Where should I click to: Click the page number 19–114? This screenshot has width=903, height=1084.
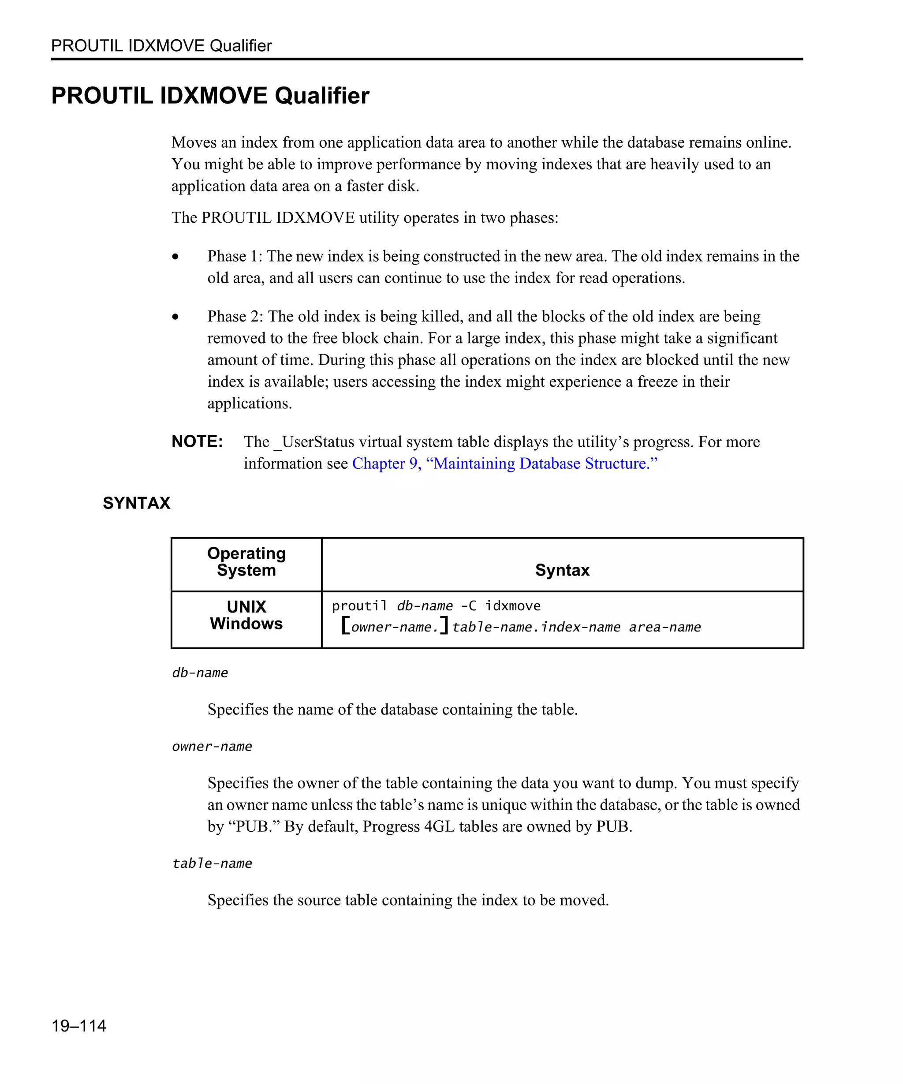[x=78, y=1026]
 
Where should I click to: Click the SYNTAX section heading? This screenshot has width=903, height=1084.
[x=136, y=503]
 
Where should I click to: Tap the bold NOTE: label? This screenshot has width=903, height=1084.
[x=197, y=441]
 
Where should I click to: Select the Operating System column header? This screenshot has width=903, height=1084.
[x=246, y=561]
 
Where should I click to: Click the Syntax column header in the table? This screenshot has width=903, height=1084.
[x=562, y=570]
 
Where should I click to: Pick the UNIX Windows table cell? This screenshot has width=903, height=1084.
[x=246, y=615]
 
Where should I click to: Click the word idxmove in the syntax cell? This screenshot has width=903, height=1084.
[x=512, y=606]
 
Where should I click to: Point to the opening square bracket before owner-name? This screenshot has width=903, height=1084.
[x=346, y=626]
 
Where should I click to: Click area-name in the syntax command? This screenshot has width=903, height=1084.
[x=664, y=627]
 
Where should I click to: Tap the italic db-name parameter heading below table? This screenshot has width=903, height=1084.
[x=200, y=673]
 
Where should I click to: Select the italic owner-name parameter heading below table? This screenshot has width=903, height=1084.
[x=212, y=747]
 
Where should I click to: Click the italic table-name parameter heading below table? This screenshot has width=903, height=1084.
[x=212, y=863]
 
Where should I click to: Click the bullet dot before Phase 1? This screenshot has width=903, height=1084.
[x=175, y=257]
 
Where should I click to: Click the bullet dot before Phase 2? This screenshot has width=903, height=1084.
[x=175, y=317]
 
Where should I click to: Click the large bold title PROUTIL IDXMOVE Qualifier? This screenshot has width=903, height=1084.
[x=210, y=96]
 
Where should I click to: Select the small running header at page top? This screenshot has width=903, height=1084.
[x=161, y=46]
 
